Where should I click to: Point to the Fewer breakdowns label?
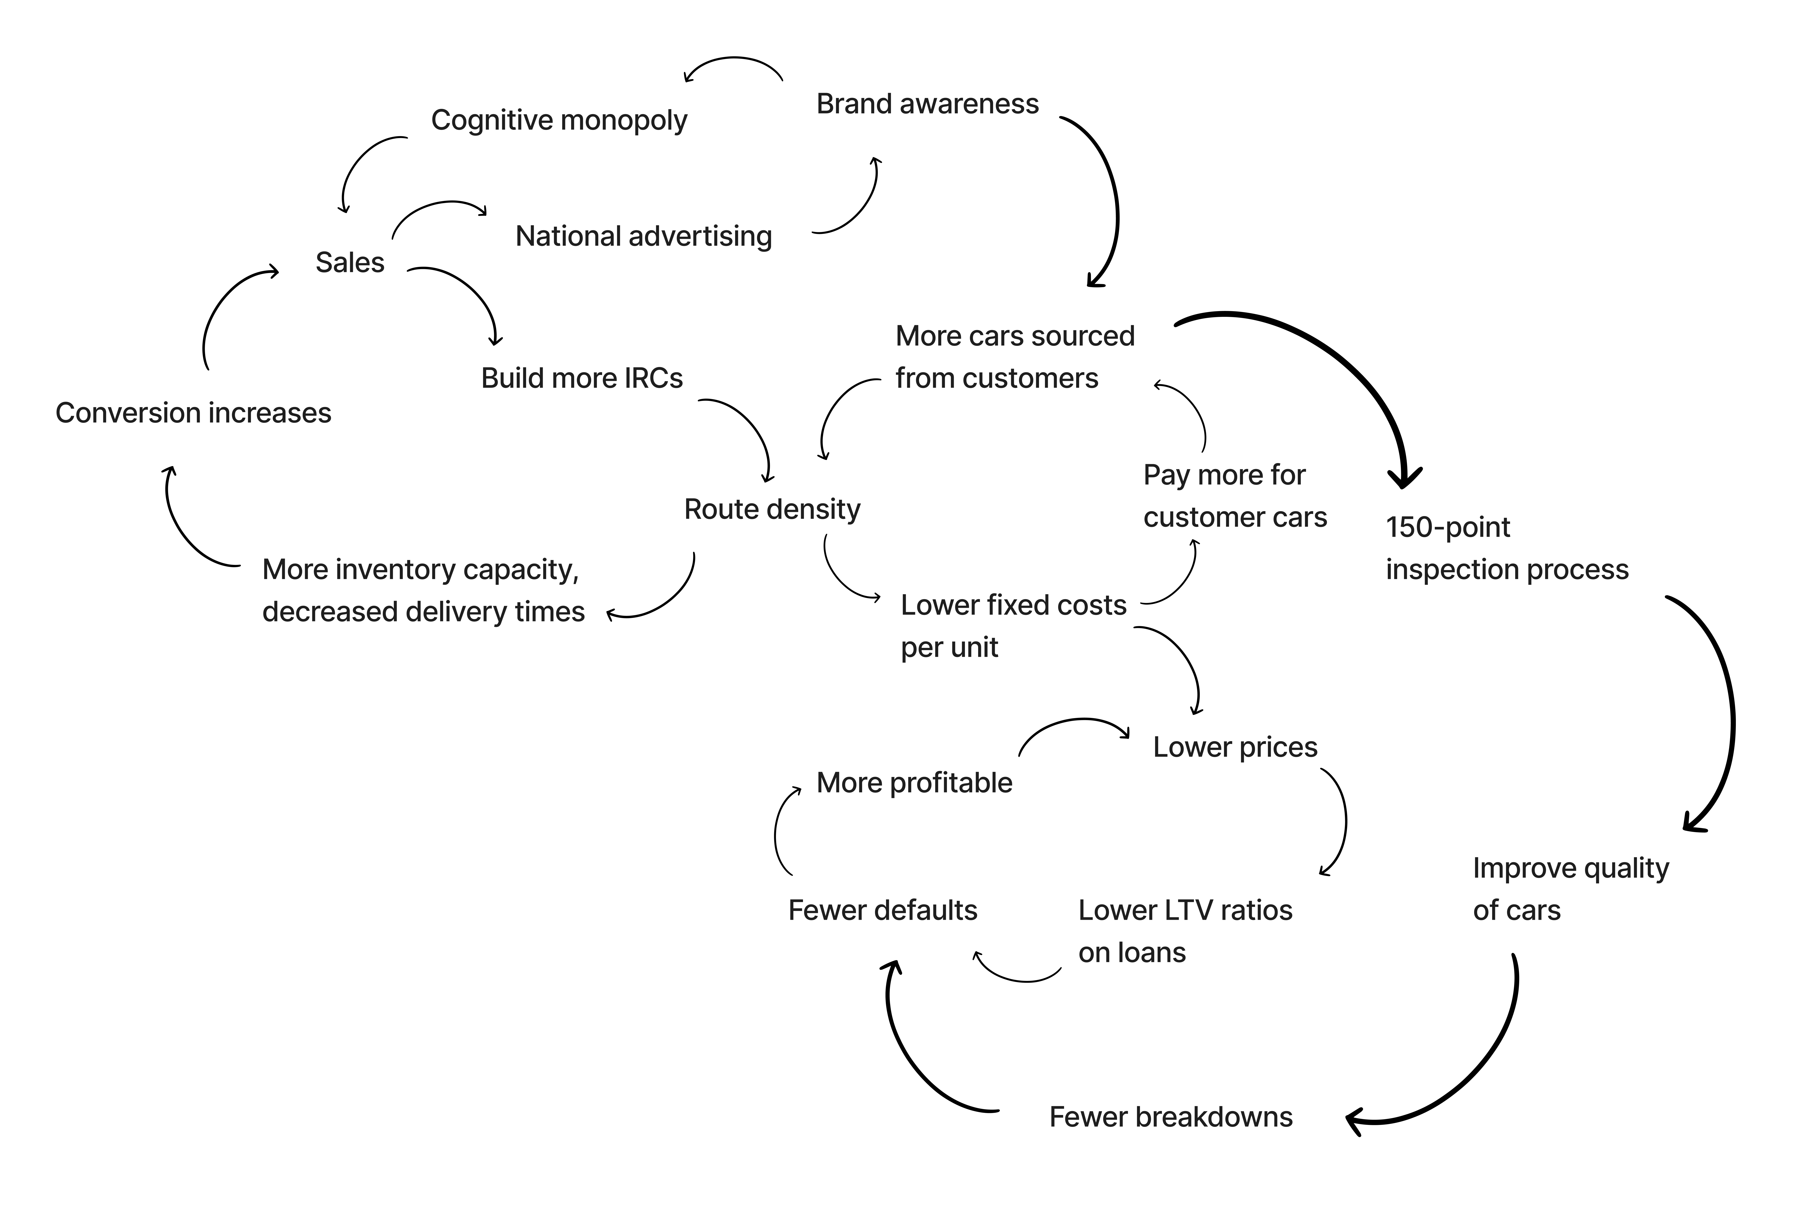pos(1171,1117)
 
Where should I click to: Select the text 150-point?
pos(1448,527)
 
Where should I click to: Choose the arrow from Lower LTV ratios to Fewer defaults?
pos(1020,979)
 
